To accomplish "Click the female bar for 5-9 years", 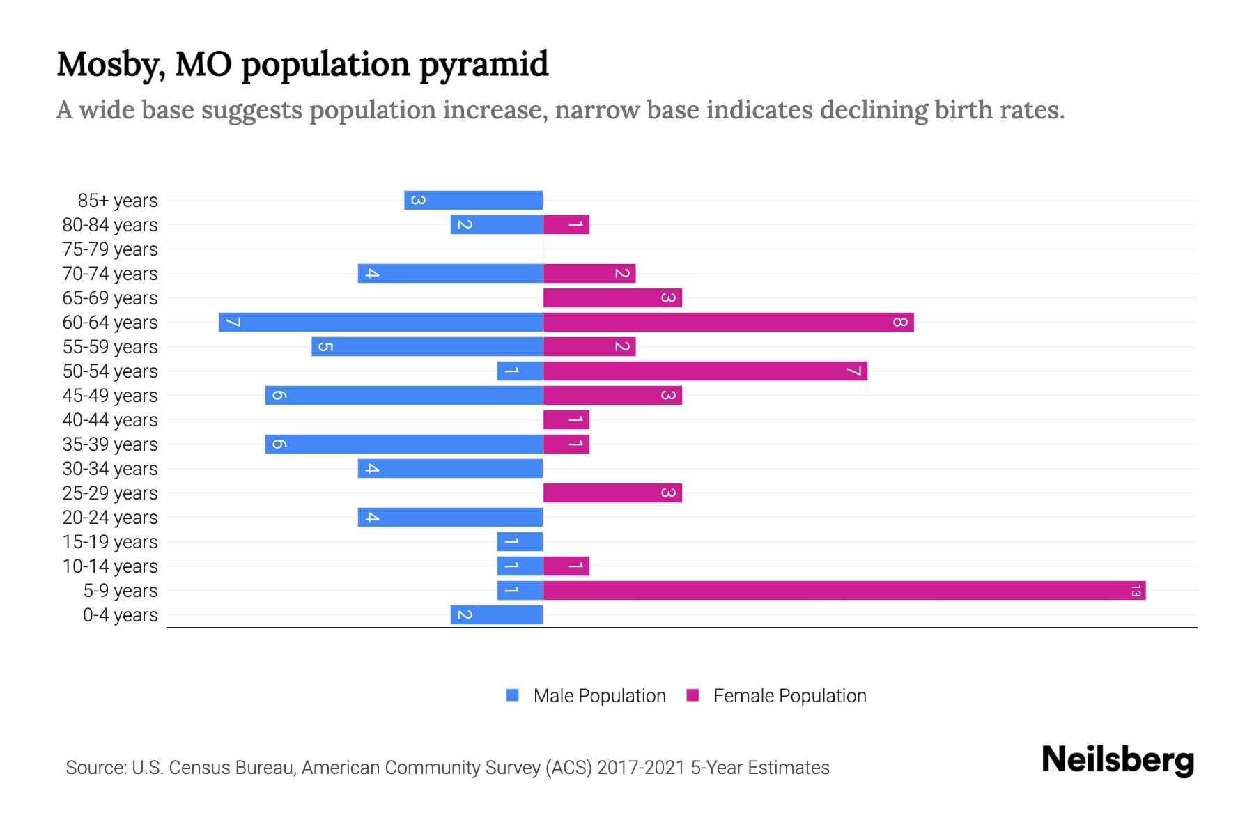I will tap(844, 591).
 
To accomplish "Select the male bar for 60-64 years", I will tap(381, 323).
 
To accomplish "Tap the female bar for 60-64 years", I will tap(728, 323).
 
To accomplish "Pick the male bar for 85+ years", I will tap(474, 201).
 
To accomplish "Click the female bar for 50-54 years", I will tap(705, 371).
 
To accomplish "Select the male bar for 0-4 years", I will tap(497, 615).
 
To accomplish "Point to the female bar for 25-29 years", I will tap(612, 493).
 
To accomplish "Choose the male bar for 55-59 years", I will tap(427, 347).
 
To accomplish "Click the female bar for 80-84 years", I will tap(566, 225).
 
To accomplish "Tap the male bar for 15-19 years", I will tap(520, 542).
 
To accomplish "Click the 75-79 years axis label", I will tap(110, 249).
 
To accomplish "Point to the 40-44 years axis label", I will tap(110, 420).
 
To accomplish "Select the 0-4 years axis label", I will tap(120, 615).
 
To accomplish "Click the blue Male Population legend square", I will tap(513, 695).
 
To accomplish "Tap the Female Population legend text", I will tap(789, 696).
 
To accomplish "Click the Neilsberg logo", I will tap(1117, 760).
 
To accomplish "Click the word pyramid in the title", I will tap(483, 64).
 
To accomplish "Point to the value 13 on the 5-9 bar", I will tap(1136, 591).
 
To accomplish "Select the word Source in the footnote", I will tap(95, 768).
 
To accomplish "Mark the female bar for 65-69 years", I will tap(612, 298).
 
